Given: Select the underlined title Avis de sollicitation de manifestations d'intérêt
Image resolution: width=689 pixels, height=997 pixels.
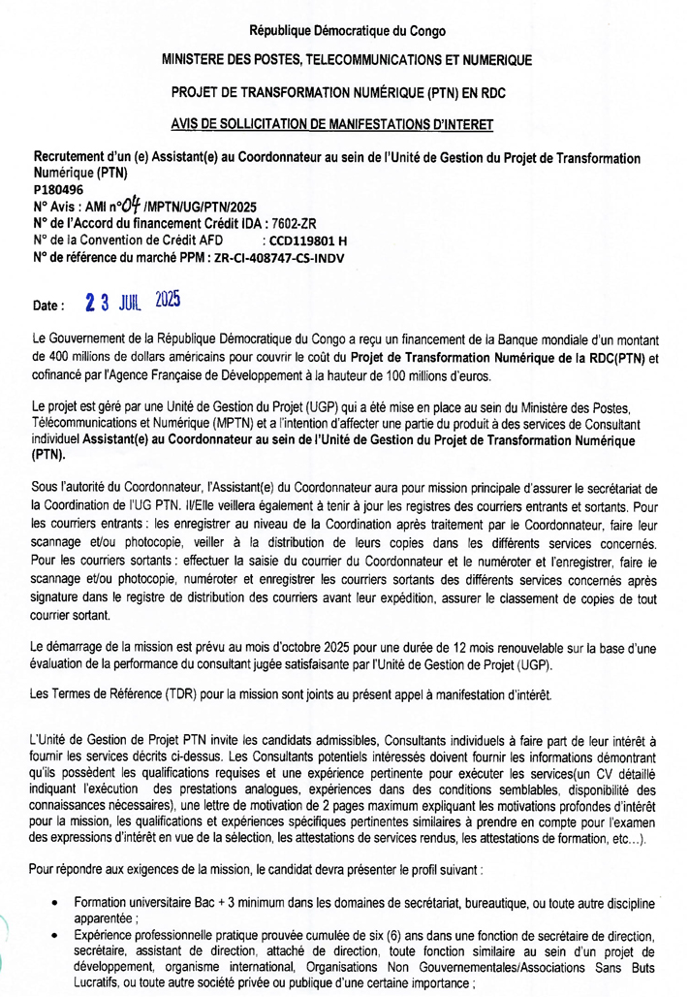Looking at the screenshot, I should tap(346, 123).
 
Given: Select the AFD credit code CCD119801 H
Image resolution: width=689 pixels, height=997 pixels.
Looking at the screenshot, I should tap(307, 241).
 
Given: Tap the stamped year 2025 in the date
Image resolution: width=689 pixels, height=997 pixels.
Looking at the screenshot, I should tap(168, 300).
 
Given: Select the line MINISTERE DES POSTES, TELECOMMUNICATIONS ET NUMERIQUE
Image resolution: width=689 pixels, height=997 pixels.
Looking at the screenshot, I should tap(347, 60).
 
